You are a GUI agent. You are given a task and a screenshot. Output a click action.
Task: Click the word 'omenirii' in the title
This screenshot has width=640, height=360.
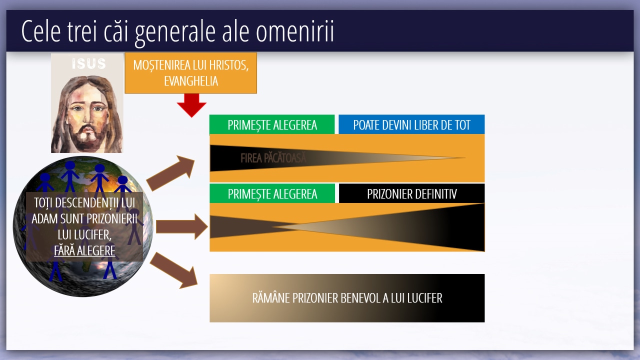[x=294, y=31]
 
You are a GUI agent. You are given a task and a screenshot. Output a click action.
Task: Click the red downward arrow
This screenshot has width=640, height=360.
[x=191, y=105]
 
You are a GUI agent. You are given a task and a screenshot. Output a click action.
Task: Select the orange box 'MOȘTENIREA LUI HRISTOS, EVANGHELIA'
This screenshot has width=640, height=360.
[x=191, y=73]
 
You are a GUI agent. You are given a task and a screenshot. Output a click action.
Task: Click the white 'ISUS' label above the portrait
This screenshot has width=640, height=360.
[x=89, y=63]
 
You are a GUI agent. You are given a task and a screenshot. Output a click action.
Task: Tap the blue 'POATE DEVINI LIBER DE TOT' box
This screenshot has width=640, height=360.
[x=411, y=124]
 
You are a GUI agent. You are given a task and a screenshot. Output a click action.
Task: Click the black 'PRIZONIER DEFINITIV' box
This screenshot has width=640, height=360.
[x=411, y=193]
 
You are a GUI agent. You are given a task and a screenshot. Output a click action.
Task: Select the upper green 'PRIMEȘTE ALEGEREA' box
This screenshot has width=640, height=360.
[x=272, y=124]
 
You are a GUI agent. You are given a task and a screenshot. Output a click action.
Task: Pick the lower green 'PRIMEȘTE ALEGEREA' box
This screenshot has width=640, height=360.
[x=272, y=193]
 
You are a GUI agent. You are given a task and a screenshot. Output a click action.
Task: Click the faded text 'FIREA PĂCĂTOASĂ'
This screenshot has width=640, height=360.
[x=273, y=158]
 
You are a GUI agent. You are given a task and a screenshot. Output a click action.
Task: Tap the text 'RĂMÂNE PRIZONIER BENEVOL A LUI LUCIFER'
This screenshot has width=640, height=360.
[x=347, y=298]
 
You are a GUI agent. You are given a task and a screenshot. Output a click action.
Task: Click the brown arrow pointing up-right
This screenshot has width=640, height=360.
[x=171, y=173]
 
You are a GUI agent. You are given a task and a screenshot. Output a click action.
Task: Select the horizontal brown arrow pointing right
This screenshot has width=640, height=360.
[x=181, y=227]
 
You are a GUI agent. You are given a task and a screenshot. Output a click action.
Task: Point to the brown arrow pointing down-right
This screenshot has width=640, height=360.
[x=173, y=270]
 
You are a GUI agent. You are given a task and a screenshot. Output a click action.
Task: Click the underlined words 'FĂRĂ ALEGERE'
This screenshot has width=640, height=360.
[x=84, y=251]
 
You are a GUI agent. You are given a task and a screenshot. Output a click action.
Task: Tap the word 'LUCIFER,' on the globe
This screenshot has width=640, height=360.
[x=84, y=235]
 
